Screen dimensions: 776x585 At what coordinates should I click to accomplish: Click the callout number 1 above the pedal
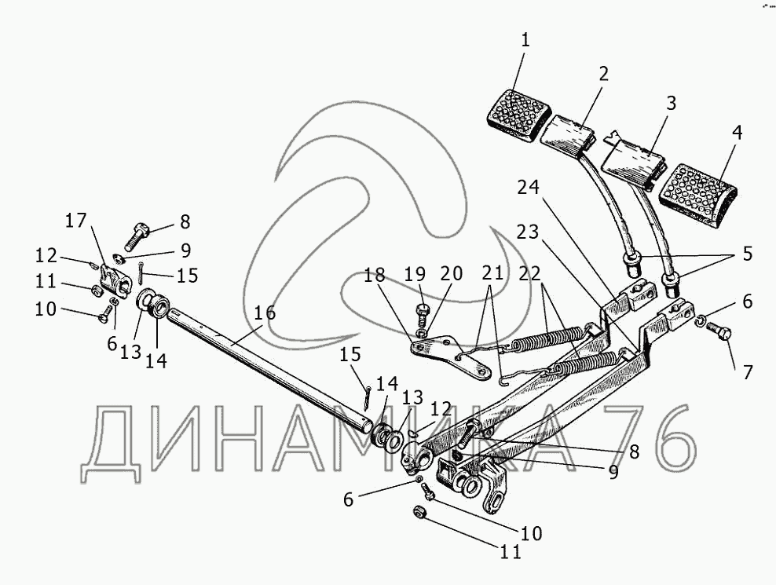coord(525,41)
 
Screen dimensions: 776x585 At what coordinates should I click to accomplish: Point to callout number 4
coord(736,133)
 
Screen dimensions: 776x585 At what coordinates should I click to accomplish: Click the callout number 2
coord(602,75)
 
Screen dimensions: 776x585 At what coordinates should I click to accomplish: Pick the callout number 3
coord(670,103)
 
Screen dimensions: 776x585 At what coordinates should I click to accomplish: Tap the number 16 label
coord(265,313)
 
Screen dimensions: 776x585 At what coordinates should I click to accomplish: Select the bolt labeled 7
coord(723,335)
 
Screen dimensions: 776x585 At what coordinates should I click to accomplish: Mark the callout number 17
coord(76,221)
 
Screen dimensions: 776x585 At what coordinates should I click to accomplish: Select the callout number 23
coord(529,232)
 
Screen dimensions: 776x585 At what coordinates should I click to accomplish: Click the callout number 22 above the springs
coord(530,274)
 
